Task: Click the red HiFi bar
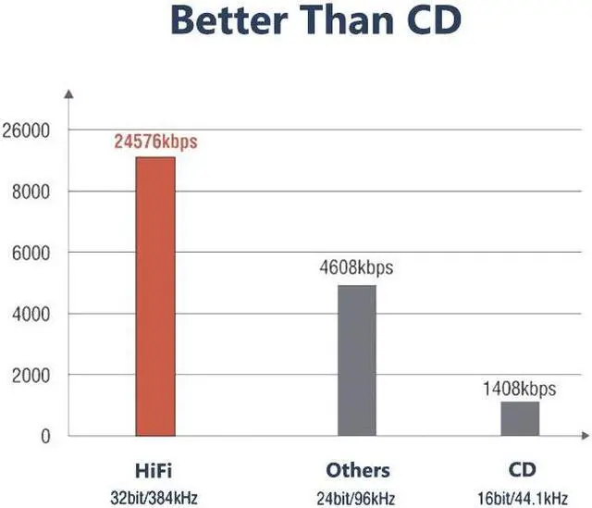coord(154,296)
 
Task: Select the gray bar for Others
coord(356,360)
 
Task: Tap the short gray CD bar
coord(519,418)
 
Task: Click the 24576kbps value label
coord(156,143)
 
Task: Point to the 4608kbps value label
coord(356,268)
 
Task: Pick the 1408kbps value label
coord(519,389)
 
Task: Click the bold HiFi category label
coord(155,469)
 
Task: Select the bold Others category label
coord(357,469)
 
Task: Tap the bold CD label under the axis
coord(520,469)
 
